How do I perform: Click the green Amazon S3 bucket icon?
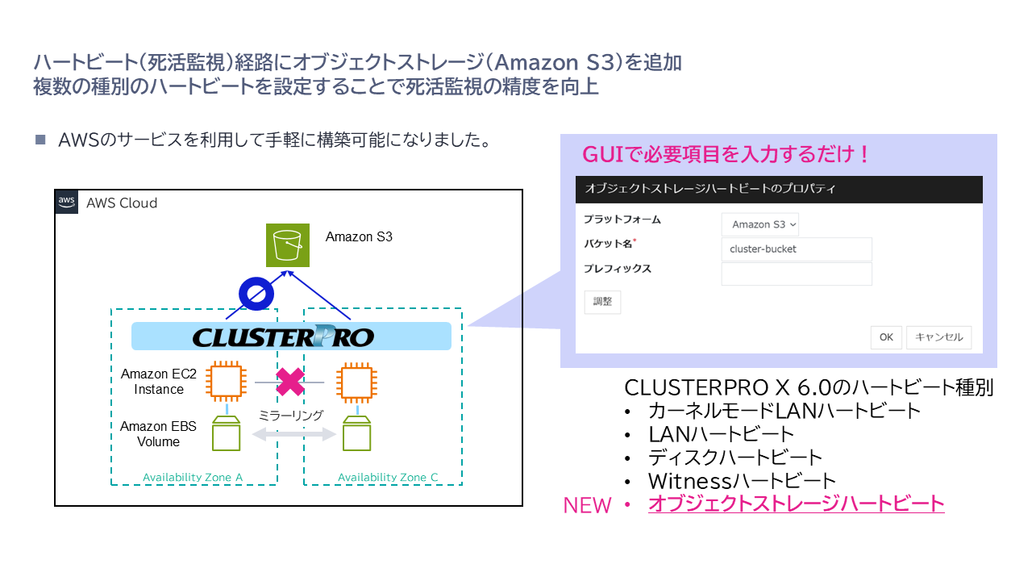point(288,245)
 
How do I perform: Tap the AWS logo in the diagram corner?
point(67,202)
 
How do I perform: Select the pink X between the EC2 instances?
point(289,382)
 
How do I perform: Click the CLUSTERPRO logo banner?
point(291,336)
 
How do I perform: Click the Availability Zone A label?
point(193,477)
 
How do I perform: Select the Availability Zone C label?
point(388,477)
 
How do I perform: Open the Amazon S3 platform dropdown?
point(760,224)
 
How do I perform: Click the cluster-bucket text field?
point(797,249)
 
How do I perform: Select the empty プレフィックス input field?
point(797,274)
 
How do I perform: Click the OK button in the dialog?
point(886,337)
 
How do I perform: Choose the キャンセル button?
point(939,337)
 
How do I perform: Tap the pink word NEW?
point(587,505)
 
